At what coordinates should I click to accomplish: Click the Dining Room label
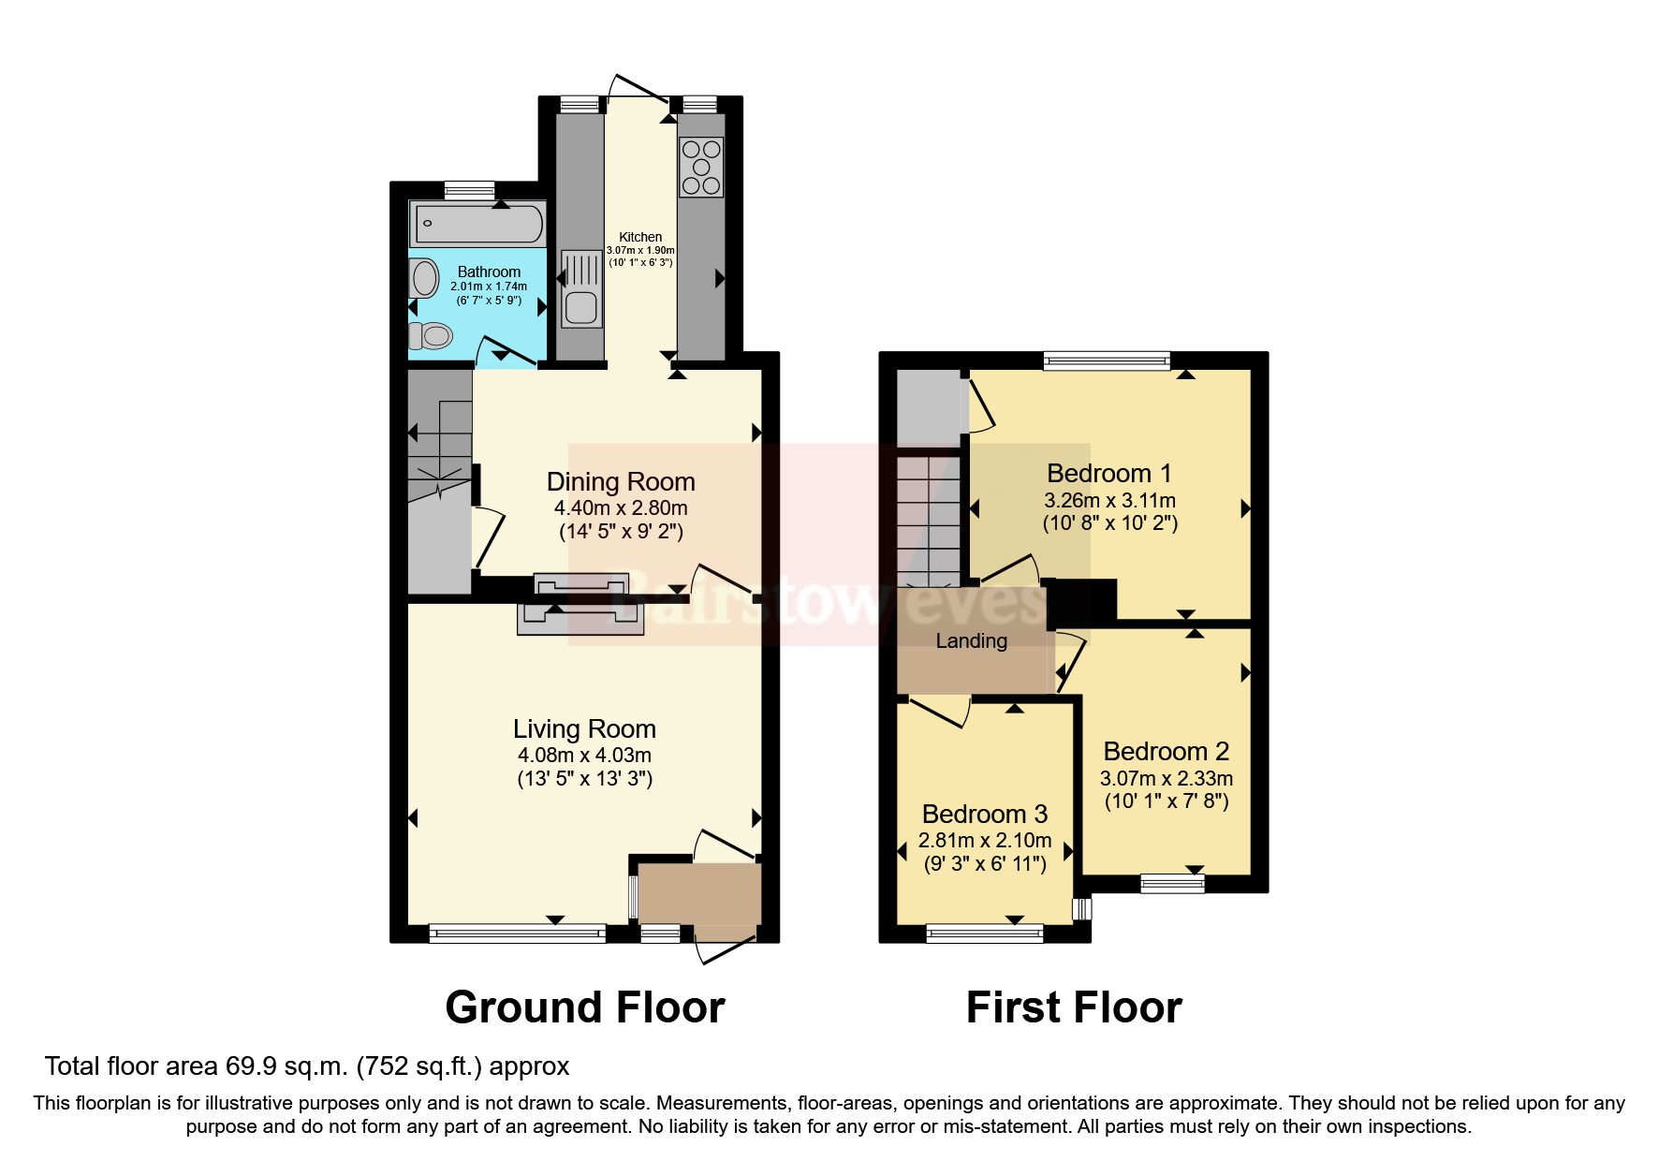[621, 482]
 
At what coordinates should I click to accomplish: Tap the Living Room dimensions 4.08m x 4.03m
[584, 755]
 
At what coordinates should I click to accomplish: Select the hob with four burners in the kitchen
[701, 167]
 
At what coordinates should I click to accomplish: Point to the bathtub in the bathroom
[477, 224]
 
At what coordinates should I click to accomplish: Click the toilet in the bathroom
[431, 335]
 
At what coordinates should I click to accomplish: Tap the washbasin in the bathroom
[424, 279]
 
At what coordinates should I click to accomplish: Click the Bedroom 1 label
[1108, 473]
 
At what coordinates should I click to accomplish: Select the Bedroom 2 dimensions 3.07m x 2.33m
[1166, 778]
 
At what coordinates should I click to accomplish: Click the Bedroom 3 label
[984, 814]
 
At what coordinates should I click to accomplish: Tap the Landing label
[971, 641]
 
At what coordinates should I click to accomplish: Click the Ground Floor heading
[585, 1007]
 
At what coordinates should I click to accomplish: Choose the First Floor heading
[1074, 1007]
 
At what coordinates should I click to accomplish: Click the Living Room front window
[517, 932]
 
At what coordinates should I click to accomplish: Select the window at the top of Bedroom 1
[1107, 360]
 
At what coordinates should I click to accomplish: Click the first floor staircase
[928, 520]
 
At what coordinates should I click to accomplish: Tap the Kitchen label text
[640, 237]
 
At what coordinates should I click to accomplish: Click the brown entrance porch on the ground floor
[700, 894]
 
